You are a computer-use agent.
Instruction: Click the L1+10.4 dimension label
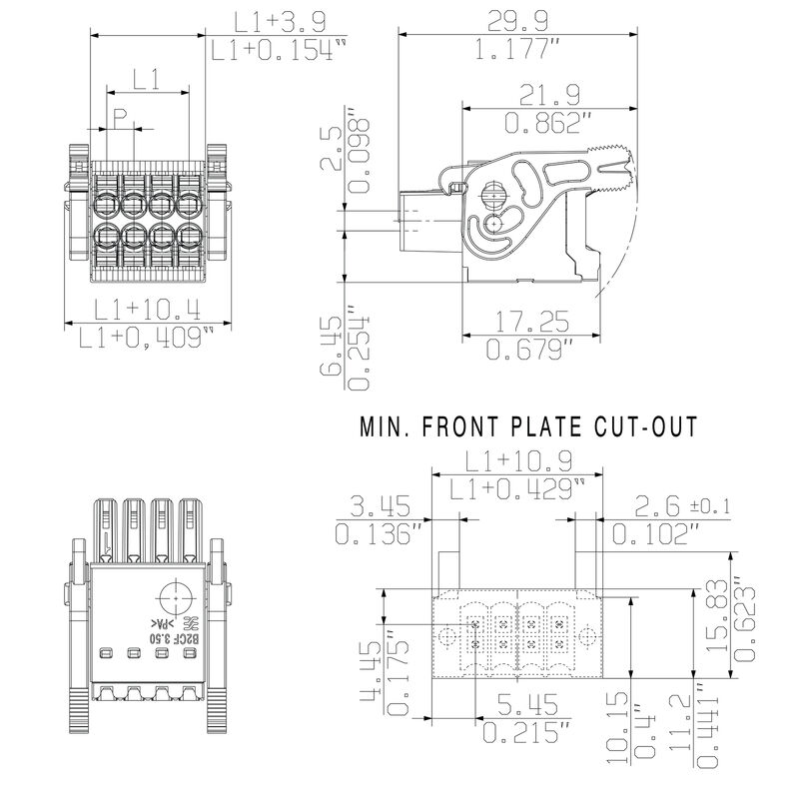click(x=146, y=310)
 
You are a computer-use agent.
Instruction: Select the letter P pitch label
click(x=119, y=118)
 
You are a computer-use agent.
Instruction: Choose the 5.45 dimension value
click(x=519, y=705)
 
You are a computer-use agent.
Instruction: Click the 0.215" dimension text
click(x=519, y=734)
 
